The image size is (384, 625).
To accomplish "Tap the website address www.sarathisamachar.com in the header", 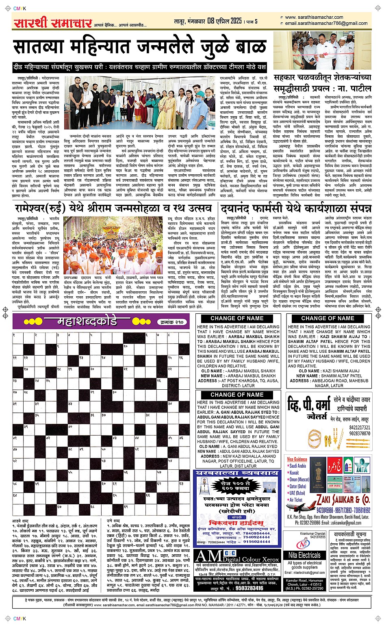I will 314,17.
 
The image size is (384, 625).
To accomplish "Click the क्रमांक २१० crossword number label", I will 172,322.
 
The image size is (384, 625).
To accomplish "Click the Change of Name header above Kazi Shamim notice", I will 328,319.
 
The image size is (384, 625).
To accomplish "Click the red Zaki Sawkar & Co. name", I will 343,500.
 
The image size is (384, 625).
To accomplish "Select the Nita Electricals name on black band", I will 304,555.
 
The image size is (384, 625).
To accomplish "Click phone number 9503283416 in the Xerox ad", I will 249,588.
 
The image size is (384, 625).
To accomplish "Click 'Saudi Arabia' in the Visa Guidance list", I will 297,466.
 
